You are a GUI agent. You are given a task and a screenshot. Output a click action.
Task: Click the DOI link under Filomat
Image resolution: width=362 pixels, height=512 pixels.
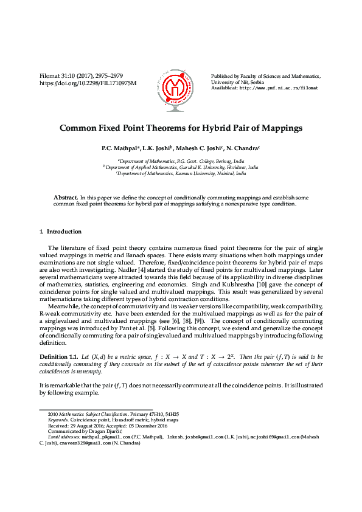(88, 83)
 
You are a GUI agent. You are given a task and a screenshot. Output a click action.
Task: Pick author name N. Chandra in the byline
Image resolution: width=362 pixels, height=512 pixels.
(243, 148)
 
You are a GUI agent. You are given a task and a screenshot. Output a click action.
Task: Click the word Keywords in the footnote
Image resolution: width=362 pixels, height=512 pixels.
(58, 419)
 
